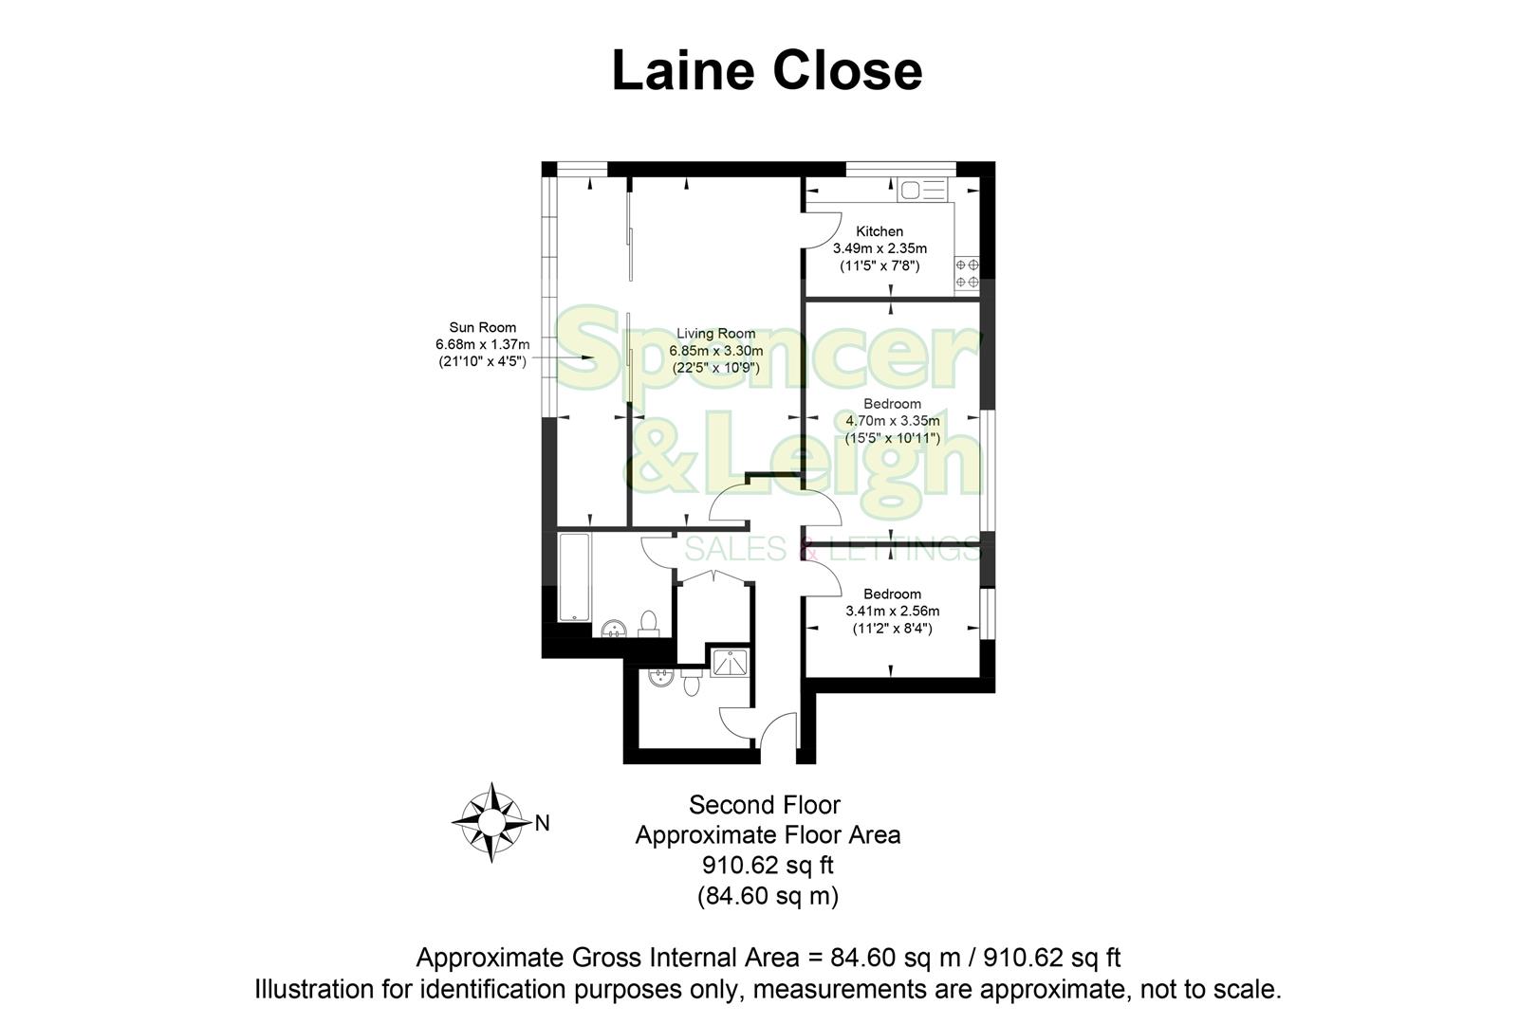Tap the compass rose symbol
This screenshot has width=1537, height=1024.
coord(490,822)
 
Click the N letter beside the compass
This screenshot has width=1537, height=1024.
coord(543,823)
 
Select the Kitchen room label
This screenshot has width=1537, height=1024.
coord(880,231)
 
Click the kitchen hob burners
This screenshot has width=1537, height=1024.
coord(967,274)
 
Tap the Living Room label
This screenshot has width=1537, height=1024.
coord(715,334)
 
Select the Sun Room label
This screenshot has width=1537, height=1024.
coord(483,328)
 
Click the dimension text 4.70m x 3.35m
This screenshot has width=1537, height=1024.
coord(892,421)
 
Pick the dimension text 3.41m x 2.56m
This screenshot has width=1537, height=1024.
coord(892,612)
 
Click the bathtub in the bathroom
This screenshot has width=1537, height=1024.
coord(574,577)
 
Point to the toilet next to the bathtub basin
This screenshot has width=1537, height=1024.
coord(649,623)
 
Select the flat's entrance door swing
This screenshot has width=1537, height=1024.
coord(780,734)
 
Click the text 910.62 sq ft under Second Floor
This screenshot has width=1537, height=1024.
coord(768,866)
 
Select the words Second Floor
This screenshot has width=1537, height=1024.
coord(764,806)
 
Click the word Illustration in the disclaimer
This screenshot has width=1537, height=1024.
coord(313,990)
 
